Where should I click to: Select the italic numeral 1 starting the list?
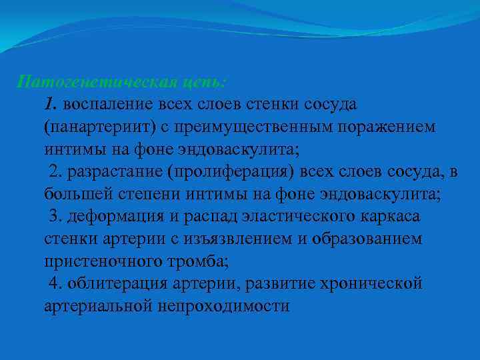49,105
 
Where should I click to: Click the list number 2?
54,172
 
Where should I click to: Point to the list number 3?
54,217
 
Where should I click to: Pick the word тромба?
187,261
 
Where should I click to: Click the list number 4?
54,283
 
